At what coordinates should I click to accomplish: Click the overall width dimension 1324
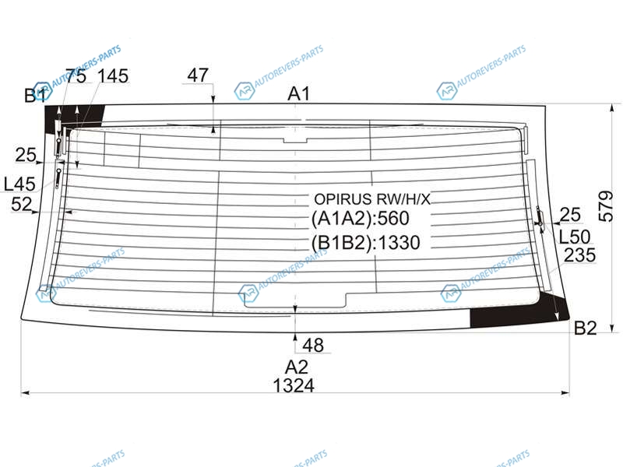pyautogui.click(x=294, y=385)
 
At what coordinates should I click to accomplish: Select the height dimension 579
pyautogui.click(x=606, y=206)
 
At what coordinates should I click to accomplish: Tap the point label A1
pyautogui.click(x=299, y=93)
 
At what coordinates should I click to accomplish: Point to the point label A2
pyautogui.click(x=297, y=367)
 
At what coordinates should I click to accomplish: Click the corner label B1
pyautogui.click(x=35, y=96)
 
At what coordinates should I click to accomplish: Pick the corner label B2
pyautogui.click(x=586, y=328)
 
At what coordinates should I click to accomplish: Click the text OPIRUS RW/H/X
pyautogui.click(x=372, y=199)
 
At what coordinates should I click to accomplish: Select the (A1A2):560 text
pyautogui.click(x=360, y=219)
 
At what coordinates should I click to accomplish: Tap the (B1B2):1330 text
pyautogui.click(x=365, y=242)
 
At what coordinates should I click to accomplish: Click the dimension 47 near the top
pyautogui.click(x=198, y=75)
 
